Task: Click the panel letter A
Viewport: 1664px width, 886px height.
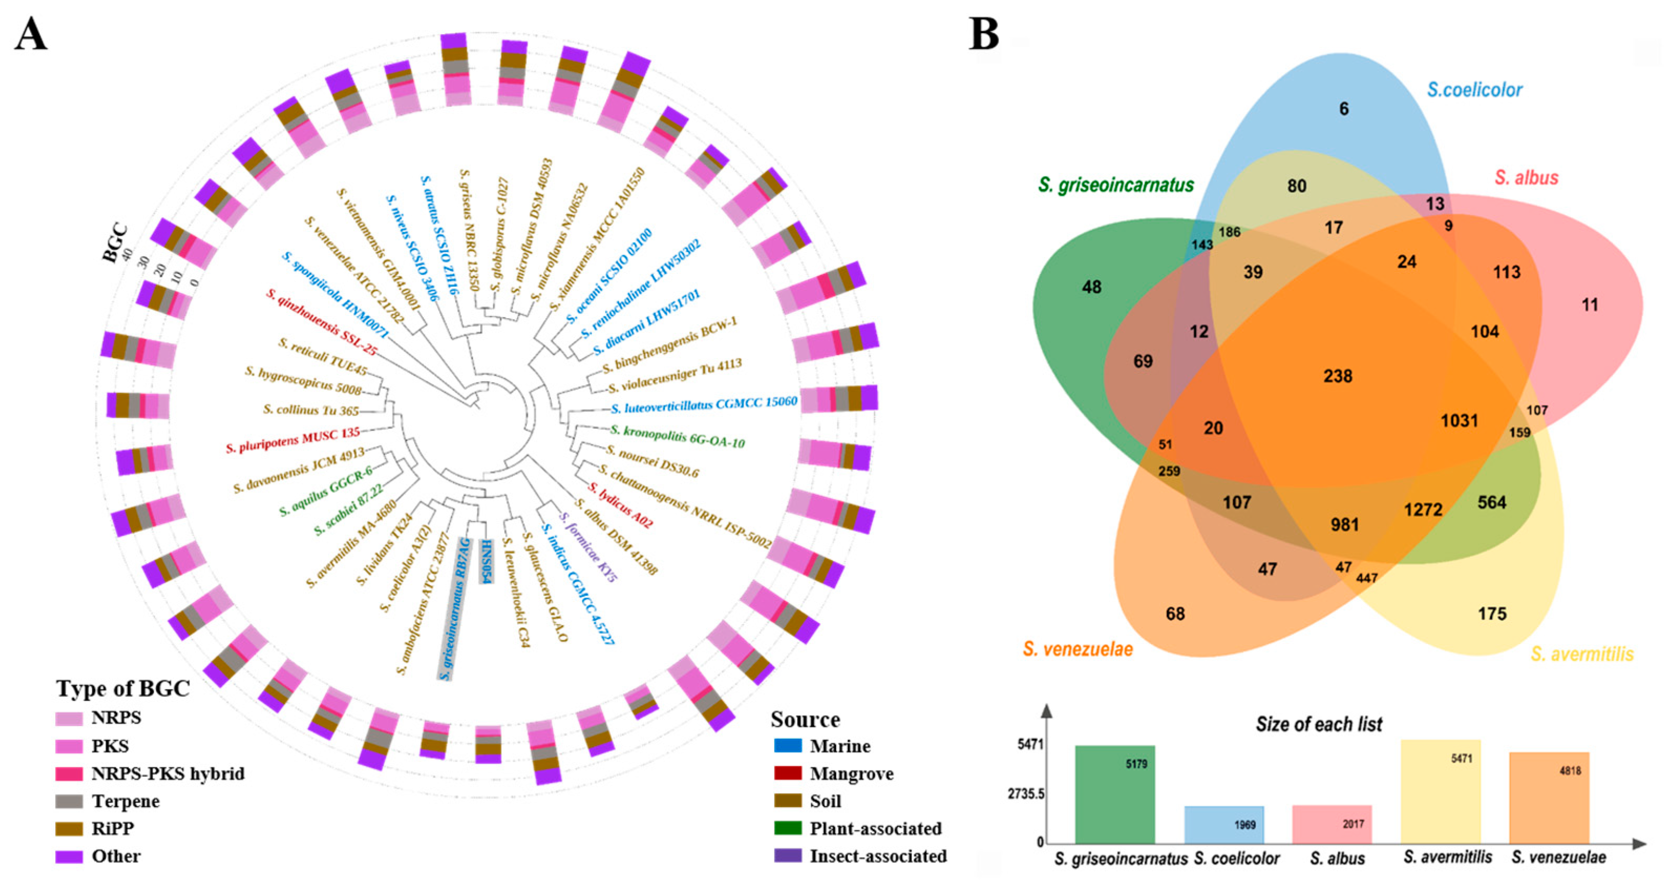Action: [x=30, y=35]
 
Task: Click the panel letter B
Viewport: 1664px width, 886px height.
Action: [x=983, y=35]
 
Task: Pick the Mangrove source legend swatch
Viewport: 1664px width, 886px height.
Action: [x=788, y=773]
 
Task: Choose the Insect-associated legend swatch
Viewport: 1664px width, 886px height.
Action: [x=788, y=856]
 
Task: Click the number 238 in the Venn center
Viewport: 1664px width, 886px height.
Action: [x=1337, y=376]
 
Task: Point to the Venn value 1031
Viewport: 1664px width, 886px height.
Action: [x=1459, y=421]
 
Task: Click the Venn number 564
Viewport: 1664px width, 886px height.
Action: [x=1491, y=502]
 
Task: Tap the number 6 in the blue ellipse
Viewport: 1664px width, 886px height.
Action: [x=1343, y=109]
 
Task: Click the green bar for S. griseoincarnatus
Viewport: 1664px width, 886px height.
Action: [x=1115, y=794]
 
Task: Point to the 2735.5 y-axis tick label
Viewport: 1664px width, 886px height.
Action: [x=1026, y=794]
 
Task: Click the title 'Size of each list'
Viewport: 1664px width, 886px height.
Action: [x=1318, y=724]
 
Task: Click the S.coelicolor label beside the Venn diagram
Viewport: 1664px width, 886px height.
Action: [x=1474, y=90]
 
